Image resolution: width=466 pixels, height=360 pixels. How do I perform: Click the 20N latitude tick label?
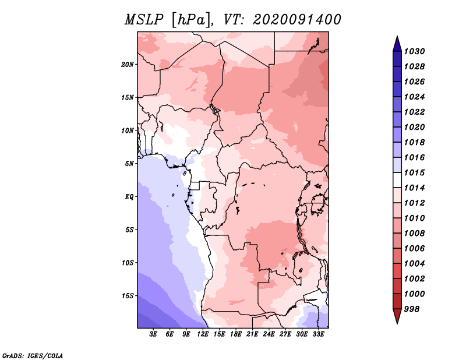128,64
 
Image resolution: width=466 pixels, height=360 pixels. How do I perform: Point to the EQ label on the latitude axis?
129,196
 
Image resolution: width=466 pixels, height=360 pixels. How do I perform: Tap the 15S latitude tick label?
128,295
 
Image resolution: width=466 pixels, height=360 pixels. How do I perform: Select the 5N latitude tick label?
129,163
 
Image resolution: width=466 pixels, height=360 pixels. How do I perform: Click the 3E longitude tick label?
154,334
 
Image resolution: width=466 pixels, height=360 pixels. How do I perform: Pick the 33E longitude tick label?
319,334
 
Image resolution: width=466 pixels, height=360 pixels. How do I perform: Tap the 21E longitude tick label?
252,334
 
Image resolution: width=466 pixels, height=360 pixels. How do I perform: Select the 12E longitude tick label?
203,334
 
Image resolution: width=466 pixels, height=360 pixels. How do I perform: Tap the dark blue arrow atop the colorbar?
397,43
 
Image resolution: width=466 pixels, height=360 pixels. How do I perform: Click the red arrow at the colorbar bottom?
397,316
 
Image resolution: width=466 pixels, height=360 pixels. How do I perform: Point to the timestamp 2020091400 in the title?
297,20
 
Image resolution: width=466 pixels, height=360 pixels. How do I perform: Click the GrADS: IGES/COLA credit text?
33,355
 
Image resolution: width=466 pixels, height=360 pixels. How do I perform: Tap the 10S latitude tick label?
128,263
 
